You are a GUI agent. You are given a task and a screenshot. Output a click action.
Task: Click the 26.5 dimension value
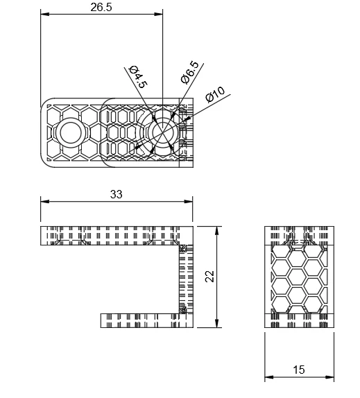pyautogui.click(x=101, y=7)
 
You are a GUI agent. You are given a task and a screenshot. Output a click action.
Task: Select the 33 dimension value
pyautogui.click(x=117, y=194)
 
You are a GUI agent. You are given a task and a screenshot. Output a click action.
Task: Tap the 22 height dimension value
pyautogui.click(x=210, y=277)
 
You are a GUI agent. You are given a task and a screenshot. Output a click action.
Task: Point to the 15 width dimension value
pyautogui.click(x=299, y=370)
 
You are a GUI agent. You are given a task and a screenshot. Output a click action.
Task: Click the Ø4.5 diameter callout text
pyautogui.click(x=138, y=77)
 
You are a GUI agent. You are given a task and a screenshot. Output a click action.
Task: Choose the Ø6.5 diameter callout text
pyautogui.click(x=190, y=73)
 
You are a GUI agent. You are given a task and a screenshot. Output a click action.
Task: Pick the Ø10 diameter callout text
pyautogui.click(x=215, y=94)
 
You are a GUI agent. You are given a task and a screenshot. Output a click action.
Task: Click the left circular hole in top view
pyautogui.click(x=71, y=132)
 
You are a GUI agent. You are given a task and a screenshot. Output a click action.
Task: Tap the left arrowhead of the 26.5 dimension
pyautogui.click(x=44, y=14)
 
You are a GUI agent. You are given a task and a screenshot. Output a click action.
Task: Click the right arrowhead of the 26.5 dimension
pyautogui.click(x=158, y=14)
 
